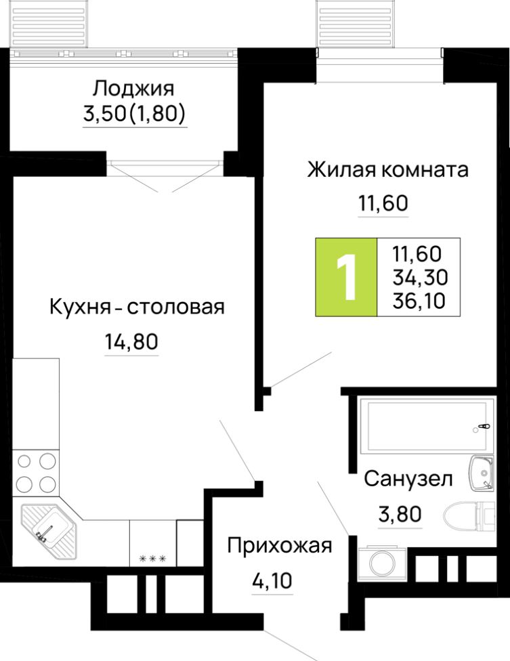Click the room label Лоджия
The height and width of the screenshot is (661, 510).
(x=133, y=89)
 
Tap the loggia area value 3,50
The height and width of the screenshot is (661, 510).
(x=104, y=116)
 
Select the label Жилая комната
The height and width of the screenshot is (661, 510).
(x=387, y=169)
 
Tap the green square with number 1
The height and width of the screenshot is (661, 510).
(x=346, y=278)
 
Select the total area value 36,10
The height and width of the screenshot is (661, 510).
(x=418, y=299)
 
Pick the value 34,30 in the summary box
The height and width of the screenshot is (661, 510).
(x=418, y=276)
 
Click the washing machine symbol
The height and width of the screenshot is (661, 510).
(x=379, y=561)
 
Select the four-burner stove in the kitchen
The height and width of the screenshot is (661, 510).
(x=37, y=473)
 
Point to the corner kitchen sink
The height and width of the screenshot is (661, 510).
(x=47, y=528)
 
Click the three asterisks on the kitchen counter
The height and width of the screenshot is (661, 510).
(x=152, y=559)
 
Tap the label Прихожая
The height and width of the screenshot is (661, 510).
(x=280, y=545)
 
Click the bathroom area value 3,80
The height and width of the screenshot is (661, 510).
(x=400, y=513)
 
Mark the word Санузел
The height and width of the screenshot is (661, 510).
(x=408, y=479)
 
